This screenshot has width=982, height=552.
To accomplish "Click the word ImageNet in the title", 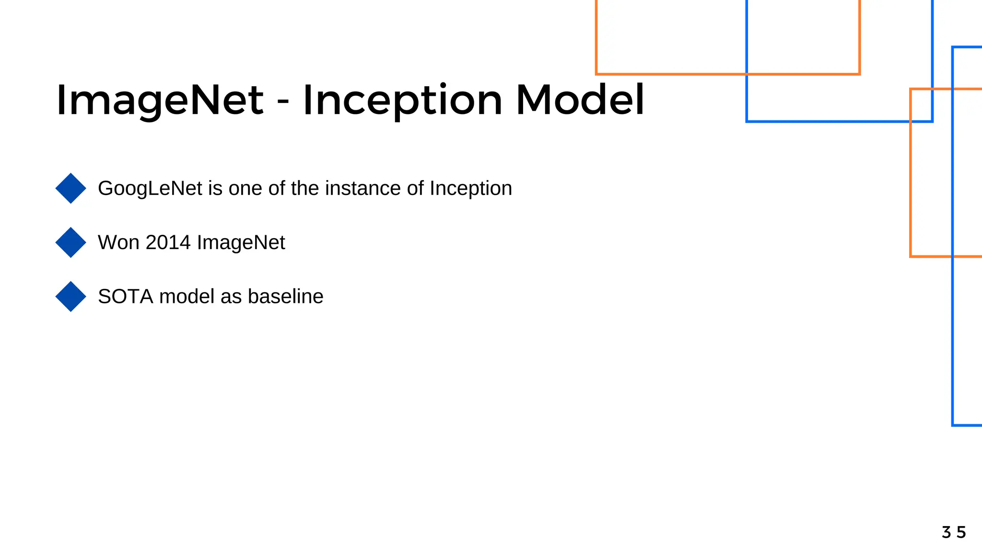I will click(x=160, y=101).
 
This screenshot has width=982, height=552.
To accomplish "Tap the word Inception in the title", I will click(x=402, y=101).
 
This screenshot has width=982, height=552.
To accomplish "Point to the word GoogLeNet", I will click(x=150, y=188).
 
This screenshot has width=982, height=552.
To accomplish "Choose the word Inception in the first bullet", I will click(x=470, y=188).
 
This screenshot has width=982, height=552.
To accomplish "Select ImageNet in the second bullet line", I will click(x=241, y=242).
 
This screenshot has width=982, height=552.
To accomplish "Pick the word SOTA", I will click(x=126, y=297).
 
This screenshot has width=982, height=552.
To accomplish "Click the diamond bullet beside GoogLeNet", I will click(x=71, y=188).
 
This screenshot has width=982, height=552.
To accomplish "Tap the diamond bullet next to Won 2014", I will click(x=71, y=242).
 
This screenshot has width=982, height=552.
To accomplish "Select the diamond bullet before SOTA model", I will click(x=71, y=297).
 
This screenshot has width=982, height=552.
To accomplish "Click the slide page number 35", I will click(x=953, y=532).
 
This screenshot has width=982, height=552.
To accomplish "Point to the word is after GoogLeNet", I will click(x=215, y=188).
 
